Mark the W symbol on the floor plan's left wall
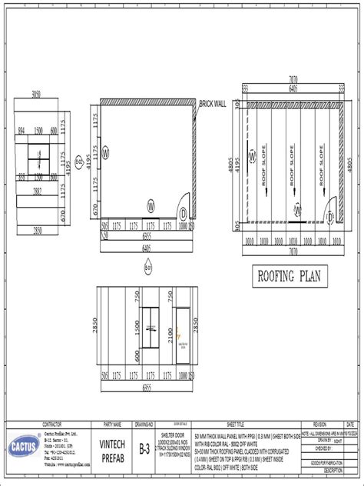[106, 153]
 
